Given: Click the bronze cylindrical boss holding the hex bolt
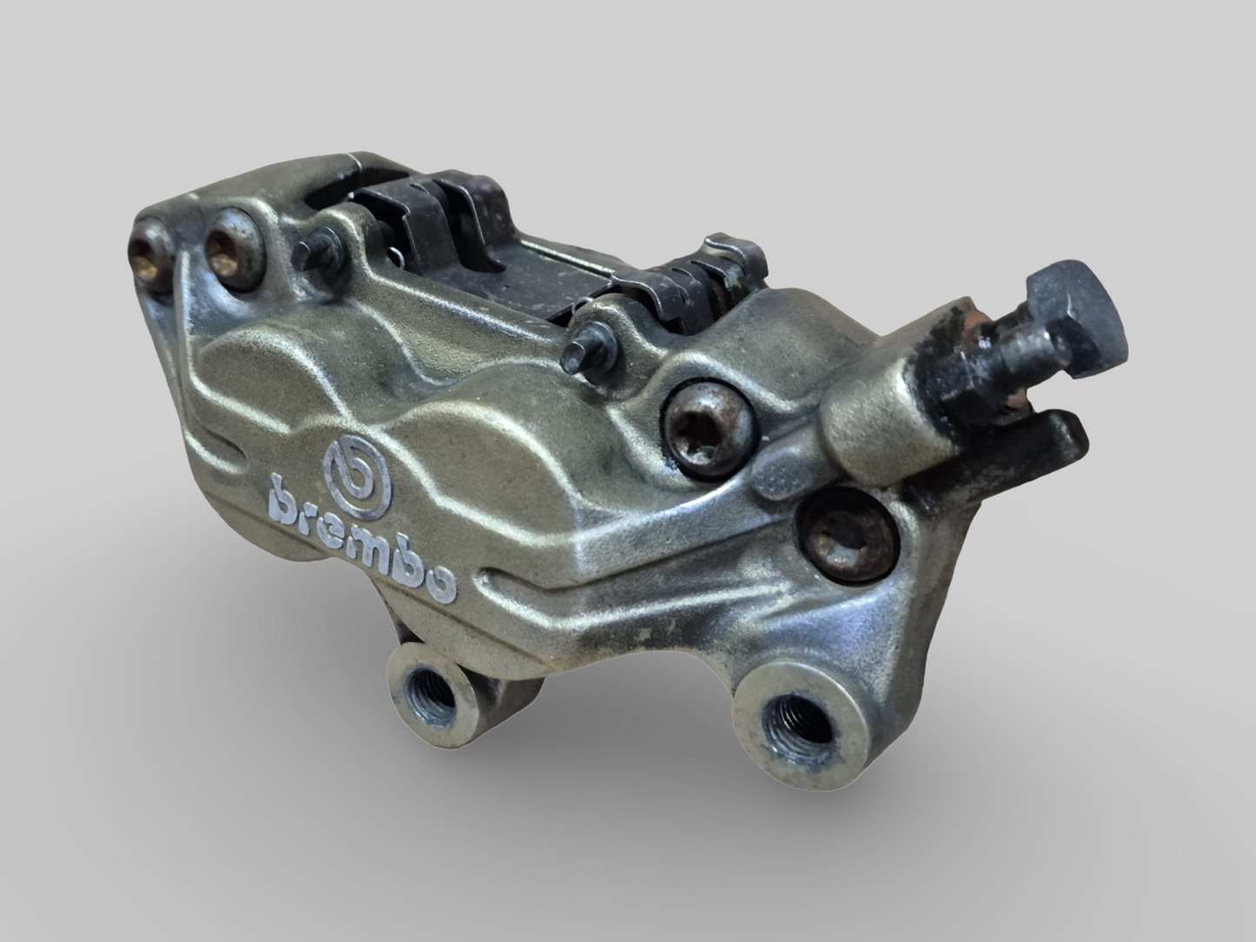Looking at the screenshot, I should (878, 408).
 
